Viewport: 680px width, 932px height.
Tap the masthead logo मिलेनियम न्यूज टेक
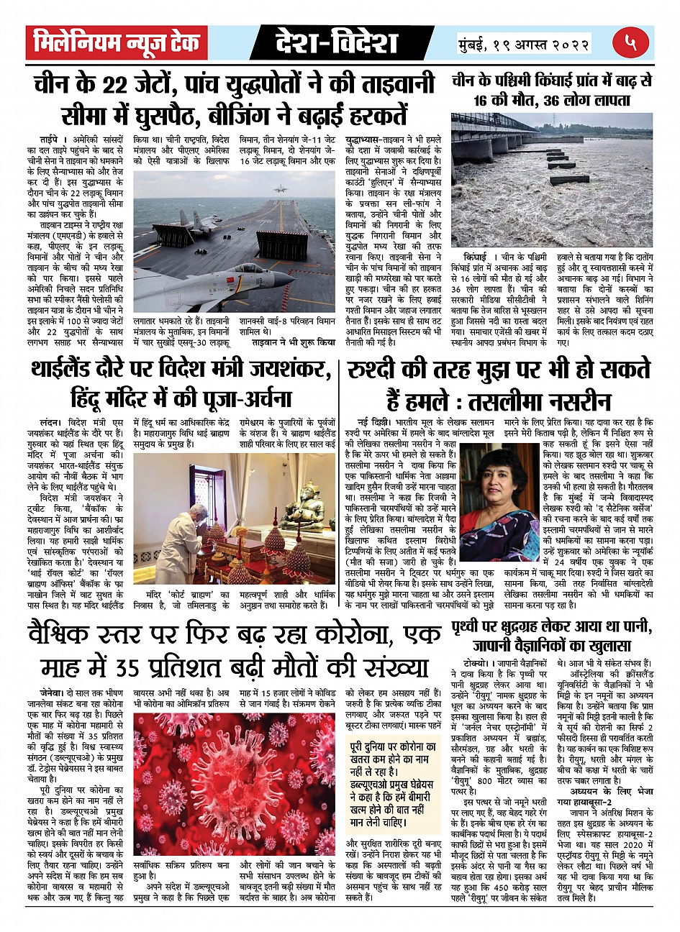point(117,43)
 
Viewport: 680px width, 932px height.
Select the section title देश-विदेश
point(336,43)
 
